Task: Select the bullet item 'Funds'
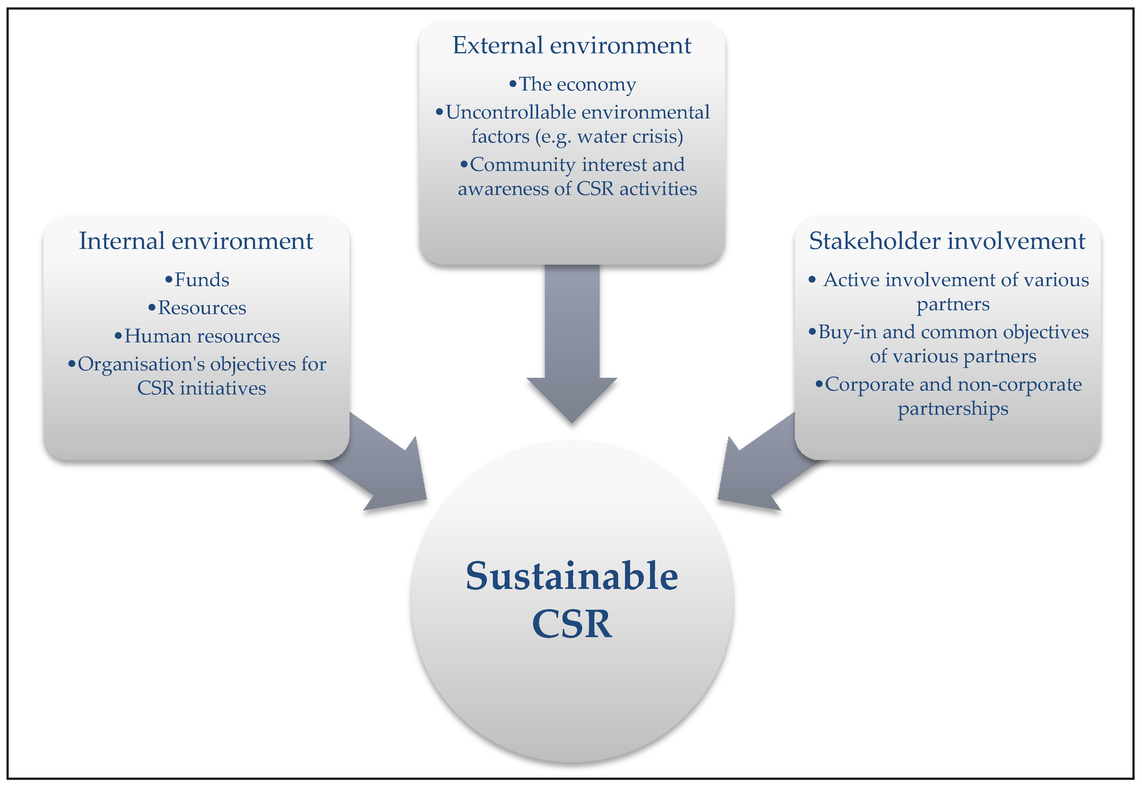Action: tap(202, 280)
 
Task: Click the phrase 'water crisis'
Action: tap(628, 136)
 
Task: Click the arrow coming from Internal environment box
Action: tap(389, 468)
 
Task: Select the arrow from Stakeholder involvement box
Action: tap(756, 468)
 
